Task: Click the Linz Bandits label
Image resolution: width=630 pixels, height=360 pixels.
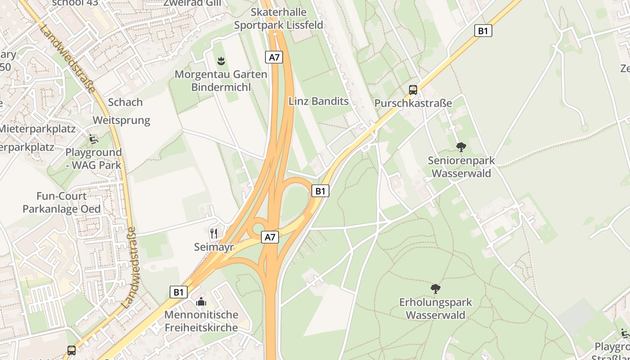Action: [x=319, y=101]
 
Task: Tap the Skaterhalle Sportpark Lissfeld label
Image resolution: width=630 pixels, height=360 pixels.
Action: [x=279, y=18]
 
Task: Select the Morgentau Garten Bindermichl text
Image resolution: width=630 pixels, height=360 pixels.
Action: [x=221, y=81]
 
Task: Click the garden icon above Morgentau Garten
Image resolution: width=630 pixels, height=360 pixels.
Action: [x=221, y=60]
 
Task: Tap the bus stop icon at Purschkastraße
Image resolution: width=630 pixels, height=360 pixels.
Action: [x=413, y=90]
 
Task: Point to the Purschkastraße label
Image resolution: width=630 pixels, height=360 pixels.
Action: [x=413, y=103]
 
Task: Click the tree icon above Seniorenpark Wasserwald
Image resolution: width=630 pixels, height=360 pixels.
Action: [x=461, y=147]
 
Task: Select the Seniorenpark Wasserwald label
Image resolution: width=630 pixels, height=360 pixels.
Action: [x=461, y=167]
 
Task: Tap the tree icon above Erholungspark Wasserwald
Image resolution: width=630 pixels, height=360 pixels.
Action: [x=435, y=288]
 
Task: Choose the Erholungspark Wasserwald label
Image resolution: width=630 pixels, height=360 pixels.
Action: [x=436, y=308]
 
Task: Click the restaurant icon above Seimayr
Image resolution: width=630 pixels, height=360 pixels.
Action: [x=214, y=233]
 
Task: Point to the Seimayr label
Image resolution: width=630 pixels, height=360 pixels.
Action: [x=214, y=247]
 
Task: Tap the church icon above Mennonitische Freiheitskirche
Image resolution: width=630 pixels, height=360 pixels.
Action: [x=201, y=301]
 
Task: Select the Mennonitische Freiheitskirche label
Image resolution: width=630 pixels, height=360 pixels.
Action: [x=201, y=321]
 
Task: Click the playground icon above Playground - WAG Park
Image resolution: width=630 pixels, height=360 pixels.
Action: [x=94, y=139]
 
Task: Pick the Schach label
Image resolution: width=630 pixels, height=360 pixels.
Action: [x=125, y=102]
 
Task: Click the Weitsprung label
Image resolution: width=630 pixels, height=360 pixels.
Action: [x=121, y=120]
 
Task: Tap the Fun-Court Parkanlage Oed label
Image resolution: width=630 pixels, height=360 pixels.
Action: [x=62, y=203]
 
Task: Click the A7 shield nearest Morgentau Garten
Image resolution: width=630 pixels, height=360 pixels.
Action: [x=274, y=57]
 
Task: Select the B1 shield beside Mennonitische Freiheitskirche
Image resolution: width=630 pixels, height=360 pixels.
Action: [x=179, y=292]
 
